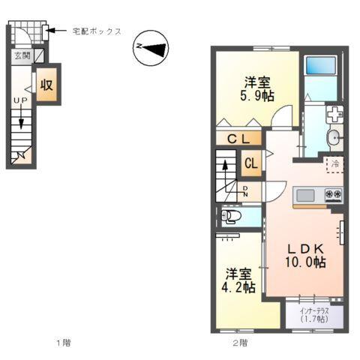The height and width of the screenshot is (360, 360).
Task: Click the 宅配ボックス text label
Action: tap(97, 31)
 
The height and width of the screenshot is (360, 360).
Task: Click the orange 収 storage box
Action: tap(46, 84)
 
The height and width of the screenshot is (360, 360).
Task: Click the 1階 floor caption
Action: tap(63, 343)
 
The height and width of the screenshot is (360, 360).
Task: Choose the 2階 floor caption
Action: tap(239, 343)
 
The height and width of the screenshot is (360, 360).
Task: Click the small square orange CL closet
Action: tap(251, 163)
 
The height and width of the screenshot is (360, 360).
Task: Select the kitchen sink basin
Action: tap(306, 196)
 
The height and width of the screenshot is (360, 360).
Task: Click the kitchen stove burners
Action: tap(332, 196)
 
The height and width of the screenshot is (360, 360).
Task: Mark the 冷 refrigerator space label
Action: tap(334, 163)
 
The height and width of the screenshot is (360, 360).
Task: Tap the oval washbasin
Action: tap(333, 136)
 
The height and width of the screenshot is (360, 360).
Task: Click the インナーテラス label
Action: tap(310, 313)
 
